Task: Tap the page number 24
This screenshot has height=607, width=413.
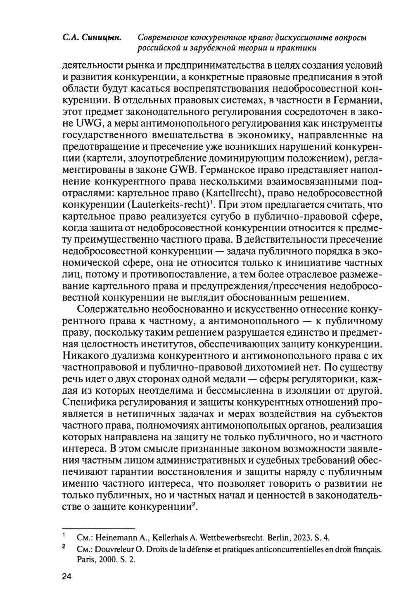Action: coord(67,577)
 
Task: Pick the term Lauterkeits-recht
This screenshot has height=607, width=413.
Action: coord(171,205)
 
